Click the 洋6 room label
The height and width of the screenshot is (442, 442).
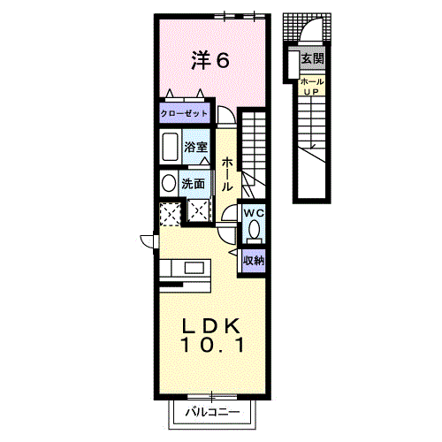click(x=210, y=60)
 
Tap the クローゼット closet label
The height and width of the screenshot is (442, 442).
click(x=184, y=113)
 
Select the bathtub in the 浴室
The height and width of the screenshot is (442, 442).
click(x=171, y=147)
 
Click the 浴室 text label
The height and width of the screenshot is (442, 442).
click(x=196, y=147)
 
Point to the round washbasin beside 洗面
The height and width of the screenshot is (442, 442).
click(x=169, y=183)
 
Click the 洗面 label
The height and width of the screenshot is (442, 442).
click(x=193, y=184)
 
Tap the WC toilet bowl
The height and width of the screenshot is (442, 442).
click(x=254, y=229)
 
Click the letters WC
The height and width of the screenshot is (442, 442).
click(x=254, y=213)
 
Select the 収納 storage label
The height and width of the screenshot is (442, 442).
click(x=254, y=260)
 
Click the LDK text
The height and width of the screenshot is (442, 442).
click(x=211, y=326)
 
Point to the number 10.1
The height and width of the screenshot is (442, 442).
click(x=213, y=345)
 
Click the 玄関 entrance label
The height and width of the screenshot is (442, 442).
click(x=312, y=58)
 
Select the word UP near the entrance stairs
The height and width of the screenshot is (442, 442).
click(x=311, y=92)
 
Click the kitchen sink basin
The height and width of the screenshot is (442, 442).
click(x=192, y=268)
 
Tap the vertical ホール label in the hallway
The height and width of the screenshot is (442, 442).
click(x=227, y=174)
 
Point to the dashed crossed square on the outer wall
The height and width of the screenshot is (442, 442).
click(x=170, y=214)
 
